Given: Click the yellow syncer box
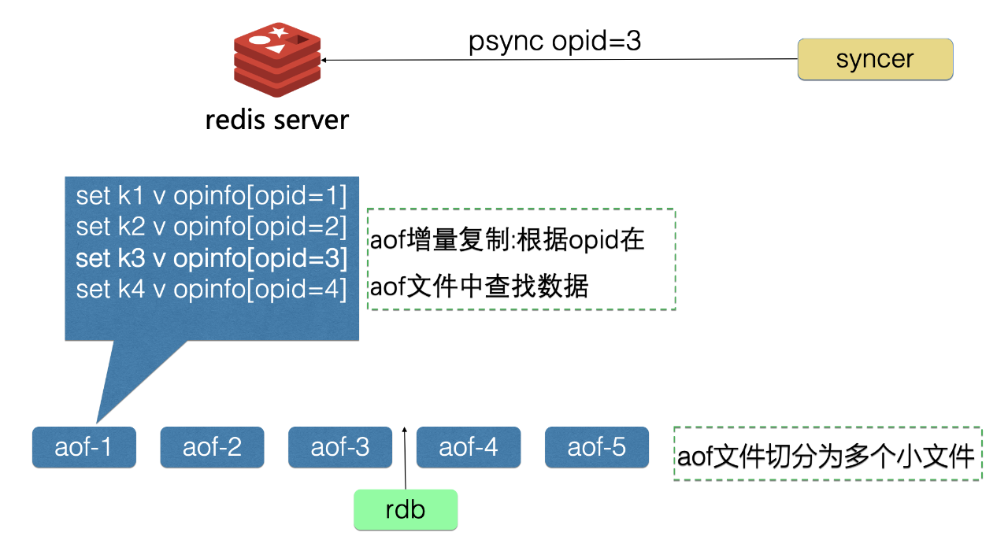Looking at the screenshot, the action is click(875, 59).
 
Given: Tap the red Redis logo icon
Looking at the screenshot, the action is click(277, 59).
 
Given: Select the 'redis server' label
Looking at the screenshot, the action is click(277, 120).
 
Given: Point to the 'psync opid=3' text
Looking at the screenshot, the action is click(554, 42).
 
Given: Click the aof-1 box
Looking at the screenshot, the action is click(84, 447).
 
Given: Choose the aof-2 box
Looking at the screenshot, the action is click(212, 447).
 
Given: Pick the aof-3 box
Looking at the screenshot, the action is click(340, 447).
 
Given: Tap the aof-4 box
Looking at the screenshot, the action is click(469, 447).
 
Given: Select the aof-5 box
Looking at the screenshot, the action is click(597, 447).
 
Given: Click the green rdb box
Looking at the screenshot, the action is click(406, 509).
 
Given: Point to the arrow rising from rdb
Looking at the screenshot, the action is click(405, 458).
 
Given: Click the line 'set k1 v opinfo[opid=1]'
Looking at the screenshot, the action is click(212, 196).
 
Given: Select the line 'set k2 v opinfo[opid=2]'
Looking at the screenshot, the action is click(212, 227).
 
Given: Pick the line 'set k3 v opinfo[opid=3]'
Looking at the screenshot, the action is click(212, 258).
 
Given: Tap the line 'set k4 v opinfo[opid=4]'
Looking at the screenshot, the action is click(212, 289).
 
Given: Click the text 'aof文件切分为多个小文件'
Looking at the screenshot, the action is click(826, 457).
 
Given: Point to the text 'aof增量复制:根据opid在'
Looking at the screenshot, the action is click(507, 240).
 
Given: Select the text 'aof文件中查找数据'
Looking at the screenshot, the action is click(479, 286).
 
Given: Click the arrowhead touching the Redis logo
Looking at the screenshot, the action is click(323, 60).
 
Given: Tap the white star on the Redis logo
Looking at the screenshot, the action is click(279, 31).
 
